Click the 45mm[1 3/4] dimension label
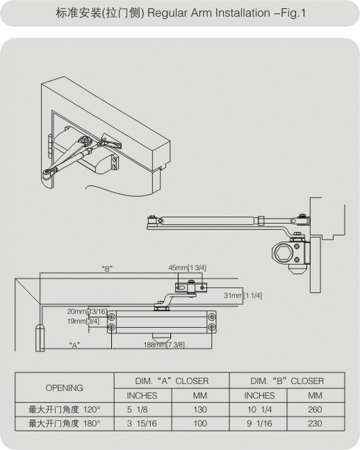(x=188, y=268)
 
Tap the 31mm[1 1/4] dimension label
(x=243, y=295)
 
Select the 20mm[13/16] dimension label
(x=87, y=311)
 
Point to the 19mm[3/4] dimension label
(x=83, y=321)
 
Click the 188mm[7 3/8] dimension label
(x=164, y=344)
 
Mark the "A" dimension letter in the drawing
(x=74, y=345)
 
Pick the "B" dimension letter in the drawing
(x=107, y=269)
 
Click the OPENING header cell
(x=65, y=387)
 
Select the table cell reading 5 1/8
(x=138, y=410)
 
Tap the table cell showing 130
(x=200, y=410)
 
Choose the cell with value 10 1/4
(x=259, y=410)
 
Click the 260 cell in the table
(x=315, y=410)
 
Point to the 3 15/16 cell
(x=142, y=424)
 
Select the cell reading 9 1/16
(x=259, y=424)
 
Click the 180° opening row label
(x=65, y=424)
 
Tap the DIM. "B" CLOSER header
(x=287, y=381)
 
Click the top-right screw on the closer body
(x=212, y=317)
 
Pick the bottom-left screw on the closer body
(x=111, y=327)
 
